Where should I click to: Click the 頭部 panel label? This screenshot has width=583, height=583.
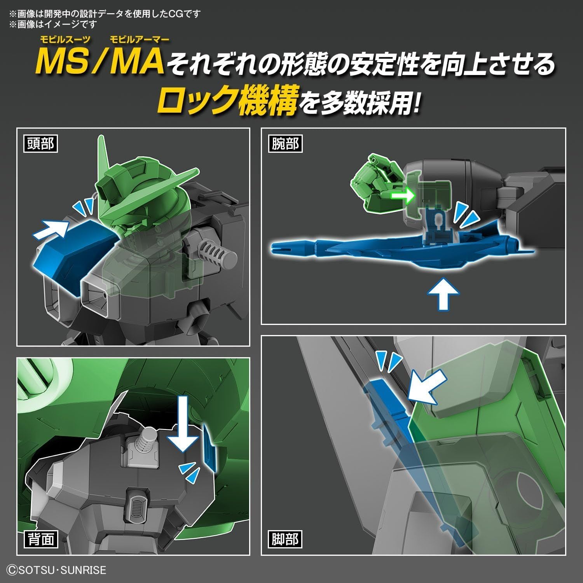(x=40, y=144)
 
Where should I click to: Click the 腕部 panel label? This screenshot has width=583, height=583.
(x=285, y=144)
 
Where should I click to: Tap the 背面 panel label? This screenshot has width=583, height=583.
(x=40, y=539)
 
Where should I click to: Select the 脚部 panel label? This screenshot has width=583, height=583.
(x=285, y=539)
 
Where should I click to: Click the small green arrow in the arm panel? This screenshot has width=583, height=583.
(x=403, y=195)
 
